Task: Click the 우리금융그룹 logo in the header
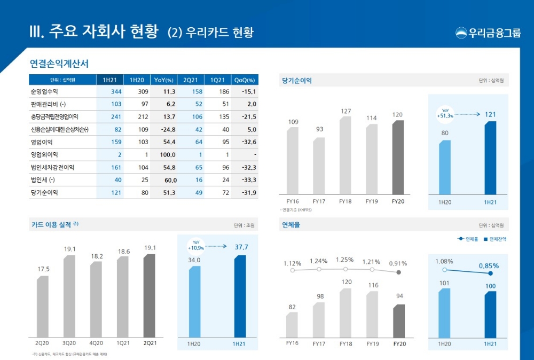click(488, 33)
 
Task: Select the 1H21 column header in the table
click(109, 80)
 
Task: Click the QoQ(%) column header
click(245, 80)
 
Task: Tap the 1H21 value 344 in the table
click(116, 92)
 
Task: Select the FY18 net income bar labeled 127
click(345, 155)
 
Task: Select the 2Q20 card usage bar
click(43, 307)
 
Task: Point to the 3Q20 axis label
click(69, 343)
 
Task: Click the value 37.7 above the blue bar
click(241, 247)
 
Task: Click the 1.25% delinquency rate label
click(344, 260)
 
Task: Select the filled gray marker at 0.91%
click(398, 272)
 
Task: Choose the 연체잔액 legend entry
click(494, 239)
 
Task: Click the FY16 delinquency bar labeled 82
click(292, 325)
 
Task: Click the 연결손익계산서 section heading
click(59, 64)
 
